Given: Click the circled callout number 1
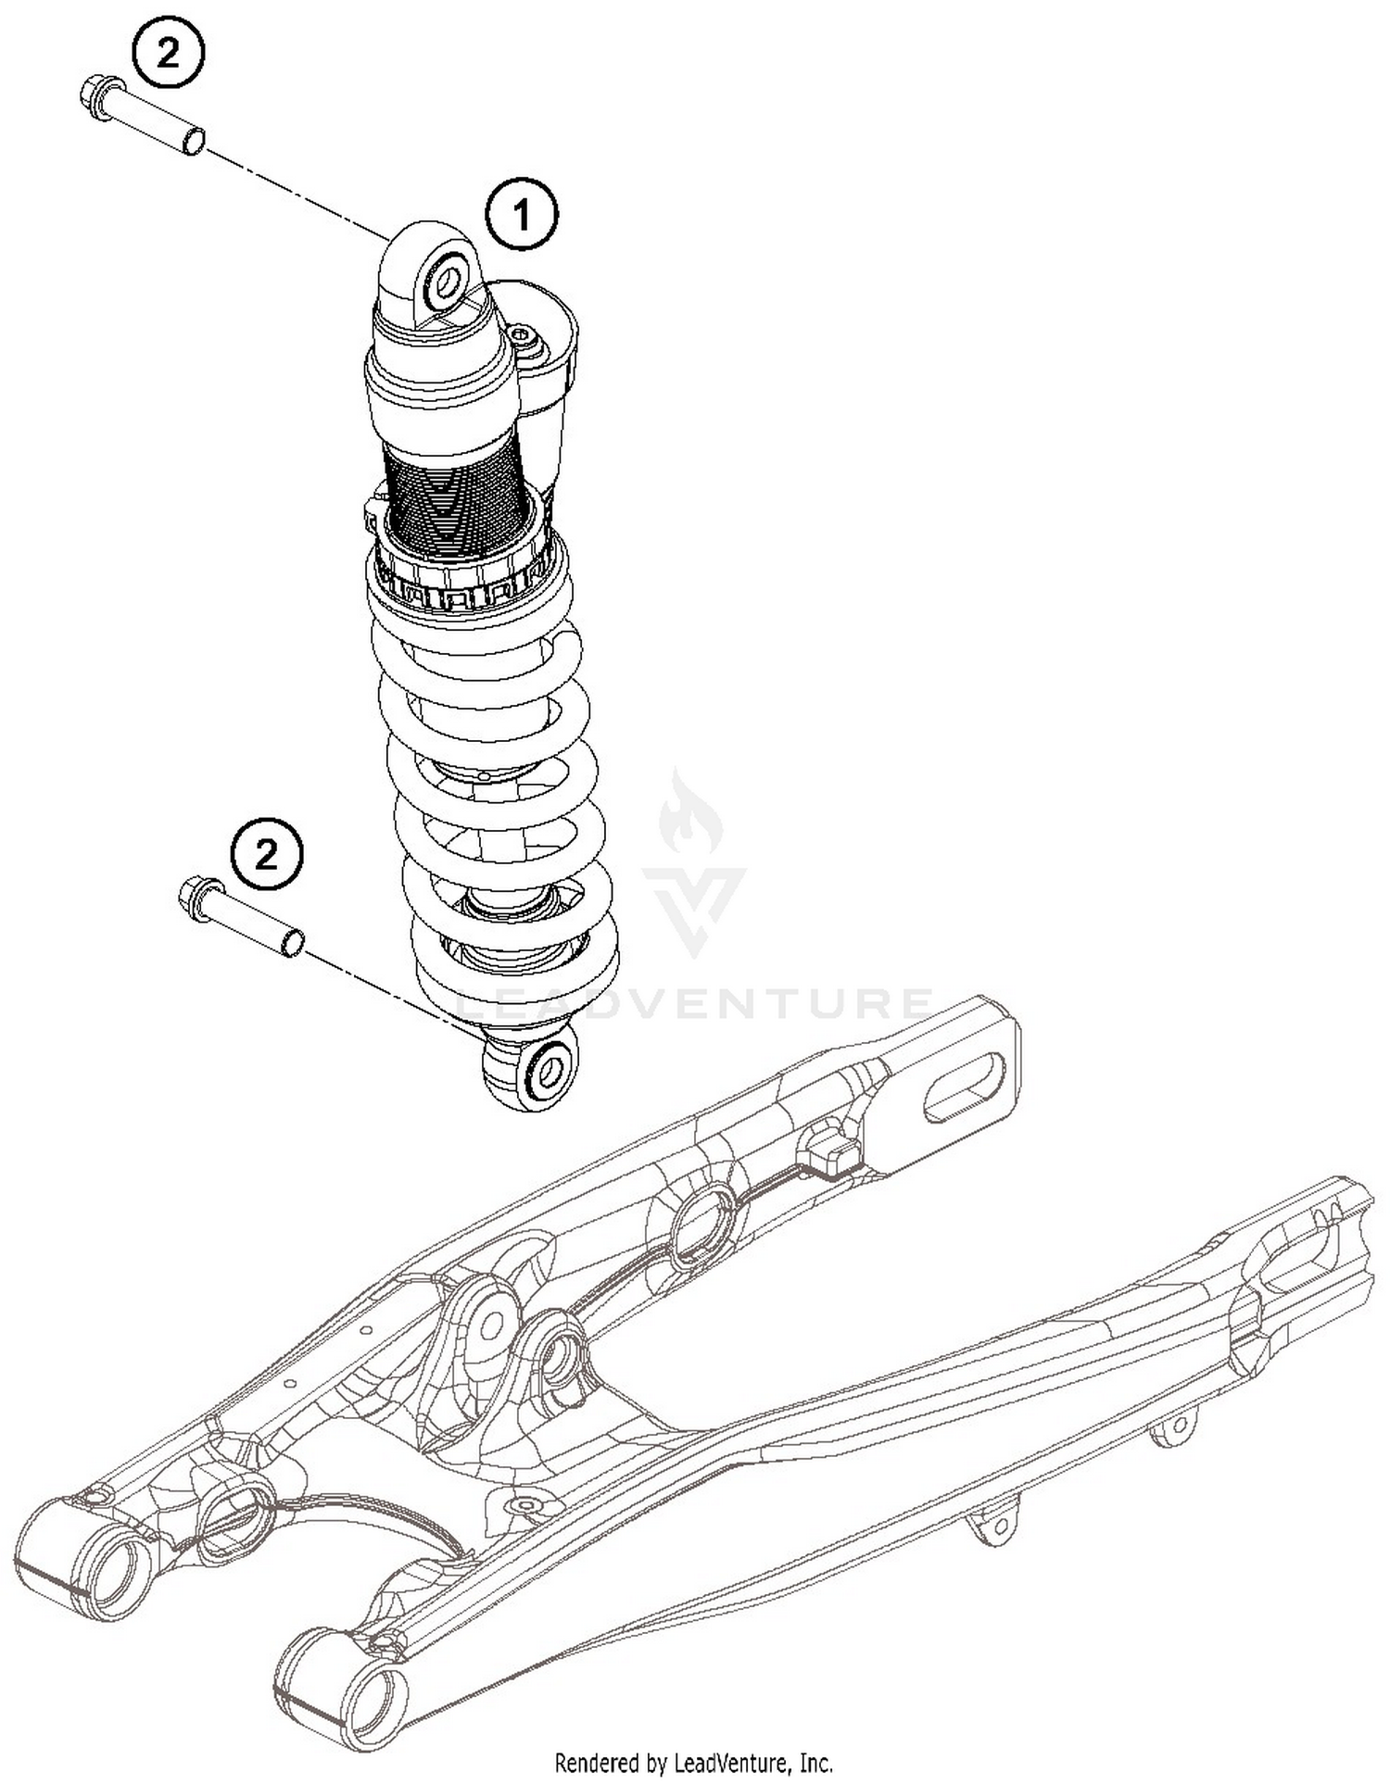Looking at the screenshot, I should pyautogui.click(x=522, y=216).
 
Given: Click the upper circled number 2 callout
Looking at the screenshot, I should pyautogui.click(x=168, y=55).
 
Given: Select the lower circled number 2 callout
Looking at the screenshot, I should pyautogui.click(x=266, y=854).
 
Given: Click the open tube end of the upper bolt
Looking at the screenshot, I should pyautogui.click(x=194, y=141).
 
